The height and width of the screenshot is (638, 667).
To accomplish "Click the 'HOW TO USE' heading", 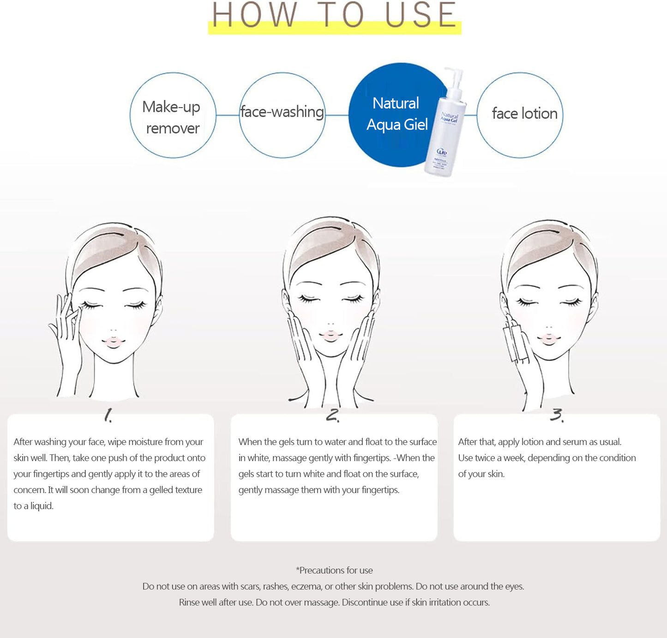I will pos(334,16).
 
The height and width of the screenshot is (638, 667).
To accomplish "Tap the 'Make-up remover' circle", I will pos(173,115).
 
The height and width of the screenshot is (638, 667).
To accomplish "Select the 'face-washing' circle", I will pos(282,115).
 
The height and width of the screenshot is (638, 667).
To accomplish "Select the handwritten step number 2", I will pos(333,415).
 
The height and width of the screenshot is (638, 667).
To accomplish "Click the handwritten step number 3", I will pos(557,415).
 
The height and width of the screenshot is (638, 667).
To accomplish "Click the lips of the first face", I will pos(113,342).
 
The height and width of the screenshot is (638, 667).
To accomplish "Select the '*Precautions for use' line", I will pos(334,570).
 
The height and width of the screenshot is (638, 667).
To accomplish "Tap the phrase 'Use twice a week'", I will pos(491,458).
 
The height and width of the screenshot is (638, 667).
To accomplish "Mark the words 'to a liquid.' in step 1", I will pos(34,506).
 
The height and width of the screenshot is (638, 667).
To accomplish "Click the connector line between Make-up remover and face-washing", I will pos(227,115).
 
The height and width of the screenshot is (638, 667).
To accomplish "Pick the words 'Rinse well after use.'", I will pos(216,602).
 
